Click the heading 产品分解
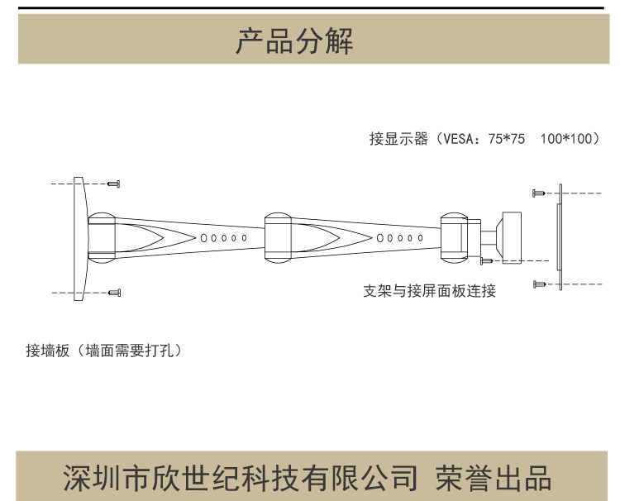point(294,41)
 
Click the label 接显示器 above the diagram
point(398,139)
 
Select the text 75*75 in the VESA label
point(507,139)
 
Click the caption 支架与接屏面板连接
point(430,291)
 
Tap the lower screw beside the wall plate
point(115,291)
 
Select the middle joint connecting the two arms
point(278,237)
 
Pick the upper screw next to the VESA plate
point(539,192)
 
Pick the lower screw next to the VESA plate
point(539,284)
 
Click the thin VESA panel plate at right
point(560,237)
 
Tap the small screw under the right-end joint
point(487,261)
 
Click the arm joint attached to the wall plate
point(102,237)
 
